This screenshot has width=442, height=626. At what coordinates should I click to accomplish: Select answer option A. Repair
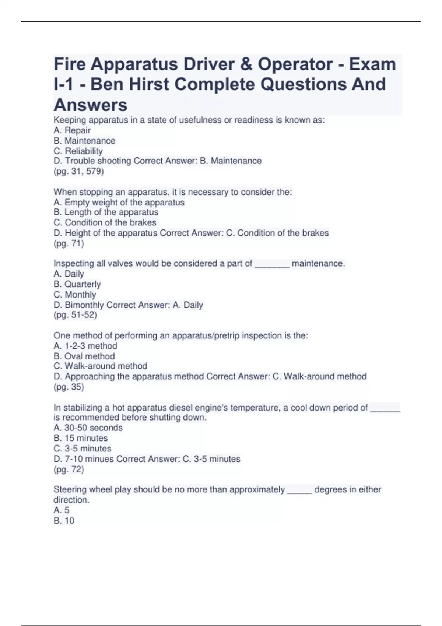click(x=72, y=130)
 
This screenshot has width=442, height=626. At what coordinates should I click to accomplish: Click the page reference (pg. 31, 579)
click(x=79, y=171)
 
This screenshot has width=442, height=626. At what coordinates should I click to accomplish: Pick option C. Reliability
click(x=78, y=151)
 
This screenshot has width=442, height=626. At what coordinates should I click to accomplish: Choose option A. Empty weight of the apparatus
click(x=119, y=202)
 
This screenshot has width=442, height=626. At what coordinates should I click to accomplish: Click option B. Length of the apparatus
click(x=106, y=212)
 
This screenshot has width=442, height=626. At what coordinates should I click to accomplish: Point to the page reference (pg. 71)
click(x=69, y=243)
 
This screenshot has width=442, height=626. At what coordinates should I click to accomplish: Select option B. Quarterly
click(x=77, y=284)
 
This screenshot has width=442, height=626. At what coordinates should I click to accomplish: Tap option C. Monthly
click(x=75, y=295)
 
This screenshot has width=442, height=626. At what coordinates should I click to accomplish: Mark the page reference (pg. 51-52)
click(x=76, y=315)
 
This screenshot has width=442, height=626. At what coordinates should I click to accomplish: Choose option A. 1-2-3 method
click(x=85, y=346)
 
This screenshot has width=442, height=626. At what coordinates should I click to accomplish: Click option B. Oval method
click(x=84, y=356)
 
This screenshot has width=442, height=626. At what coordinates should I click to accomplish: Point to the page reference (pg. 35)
click(x=69, y=387)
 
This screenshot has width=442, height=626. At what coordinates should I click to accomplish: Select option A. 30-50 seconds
click(x=88, y=428)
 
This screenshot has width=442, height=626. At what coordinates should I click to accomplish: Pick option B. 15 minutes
click(x=81, y=438)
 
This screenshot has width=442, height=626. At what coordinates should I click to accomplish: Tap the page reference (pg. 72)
click(x=69, y=469)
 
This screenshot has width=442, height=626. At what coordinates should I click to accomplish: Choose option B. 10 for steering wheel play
click(x=64, y=520)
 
